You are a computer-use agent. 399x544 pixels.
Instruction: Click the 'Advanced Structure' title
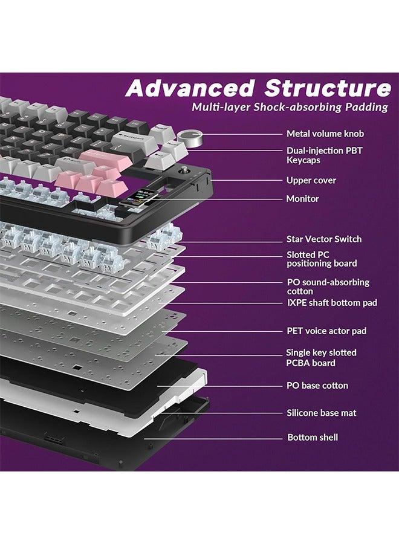click(x=258, y=89)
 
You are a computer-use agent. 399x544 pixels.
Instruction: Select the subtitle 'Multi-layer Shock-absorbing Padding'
click(x=290, y=108)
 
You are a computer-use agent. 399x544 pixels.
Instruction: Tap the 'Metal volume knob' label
click(x=325, y=134)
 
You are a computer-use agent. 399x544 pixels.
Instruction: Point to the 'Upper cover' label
click(x=311, y=180)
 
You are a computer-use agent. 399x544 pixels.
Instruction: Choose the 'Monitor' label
click(x=302, y=198)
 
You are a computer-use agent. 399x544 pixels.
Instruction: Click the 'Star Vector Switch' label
click(x=323, y=239)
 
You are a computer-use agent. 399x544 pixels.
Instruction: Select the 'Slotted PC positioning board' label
click(x=321, y=259)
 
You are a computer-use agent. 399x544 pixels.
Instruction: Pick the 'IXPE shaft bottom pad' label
click(x=331, y=302)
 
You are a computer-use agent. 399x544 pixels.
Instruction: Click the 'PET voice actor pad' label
click(x=326, y=331)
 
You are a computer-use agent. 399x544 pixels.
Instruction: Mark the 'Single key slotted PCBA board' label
click(x=321, y=357)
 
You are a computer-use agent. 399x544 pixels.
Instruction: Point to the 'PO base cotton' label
click(x=317, y=385)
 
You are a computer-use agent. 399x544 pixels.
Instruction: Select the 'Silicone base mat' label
click(x=321, y=413)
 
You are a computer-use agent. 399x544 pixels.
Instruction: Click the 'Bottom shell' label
click(x=313, y=437)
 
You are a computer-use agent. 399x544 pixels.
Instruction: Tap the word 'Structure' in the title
click(x=327, y=89)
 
